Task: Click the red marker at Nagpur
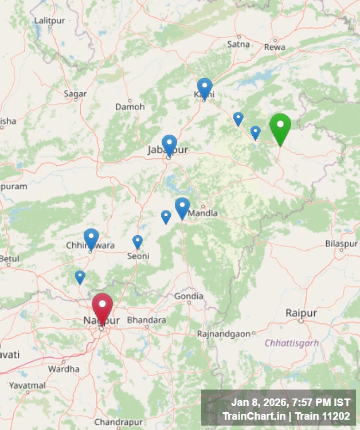point(102,307)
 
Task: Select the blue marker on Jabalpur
point(169,144)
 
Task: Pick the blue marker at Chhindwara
point(91,238)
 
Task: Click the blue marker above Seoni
point(138,241)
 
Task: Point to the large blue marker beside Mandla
point(182,207)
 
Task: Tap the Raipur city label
point(301,313)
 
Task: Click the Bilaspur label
point(341,244)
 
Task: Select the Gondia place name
point(189,296)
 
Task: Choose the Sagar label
point(75,94)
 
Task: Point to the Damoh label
point(126,107)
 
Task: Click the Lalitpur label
point(50,21)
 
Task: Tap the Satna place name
point(238,44)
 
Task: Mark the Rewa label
point(275,47)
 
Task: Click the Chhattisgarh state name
point(292,343)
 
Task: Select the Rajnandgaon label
point(224,334)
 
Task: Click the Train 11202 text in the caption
point(325,416)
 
